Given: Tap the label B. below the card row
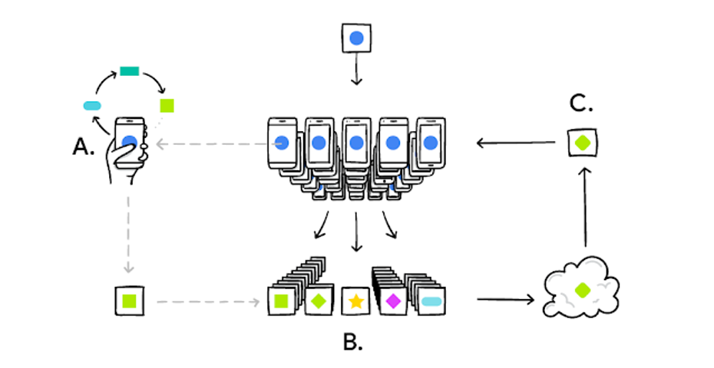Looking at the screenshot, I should pos(352,342).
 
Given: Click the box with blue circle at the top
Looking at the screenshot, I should pos(355,38).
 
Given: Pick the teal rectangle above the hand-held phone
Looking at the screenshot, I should pos(129,71).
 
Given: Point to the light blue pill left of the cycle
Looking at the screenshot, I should pos(92,105).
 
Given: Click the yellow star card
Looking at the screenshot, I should pos(355,301).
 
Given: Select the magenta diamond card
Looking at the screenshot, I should pos(393,301).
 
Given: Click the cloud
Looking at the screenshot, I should pos(582,291).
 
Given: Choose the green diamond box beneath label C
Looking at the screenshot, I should pos(583,143).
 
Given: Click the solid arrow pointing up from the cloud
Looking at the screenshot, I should pos(586,209).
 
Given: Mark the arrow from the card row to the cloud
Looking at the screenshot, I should pos(504,298).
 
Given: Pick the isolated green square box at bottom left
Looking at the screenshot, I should pos(128,301).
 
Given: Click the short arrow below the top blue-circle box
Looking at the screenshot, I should pos(355,74).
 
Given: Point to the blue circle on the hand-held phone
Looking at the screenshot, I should pos(130,142).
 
